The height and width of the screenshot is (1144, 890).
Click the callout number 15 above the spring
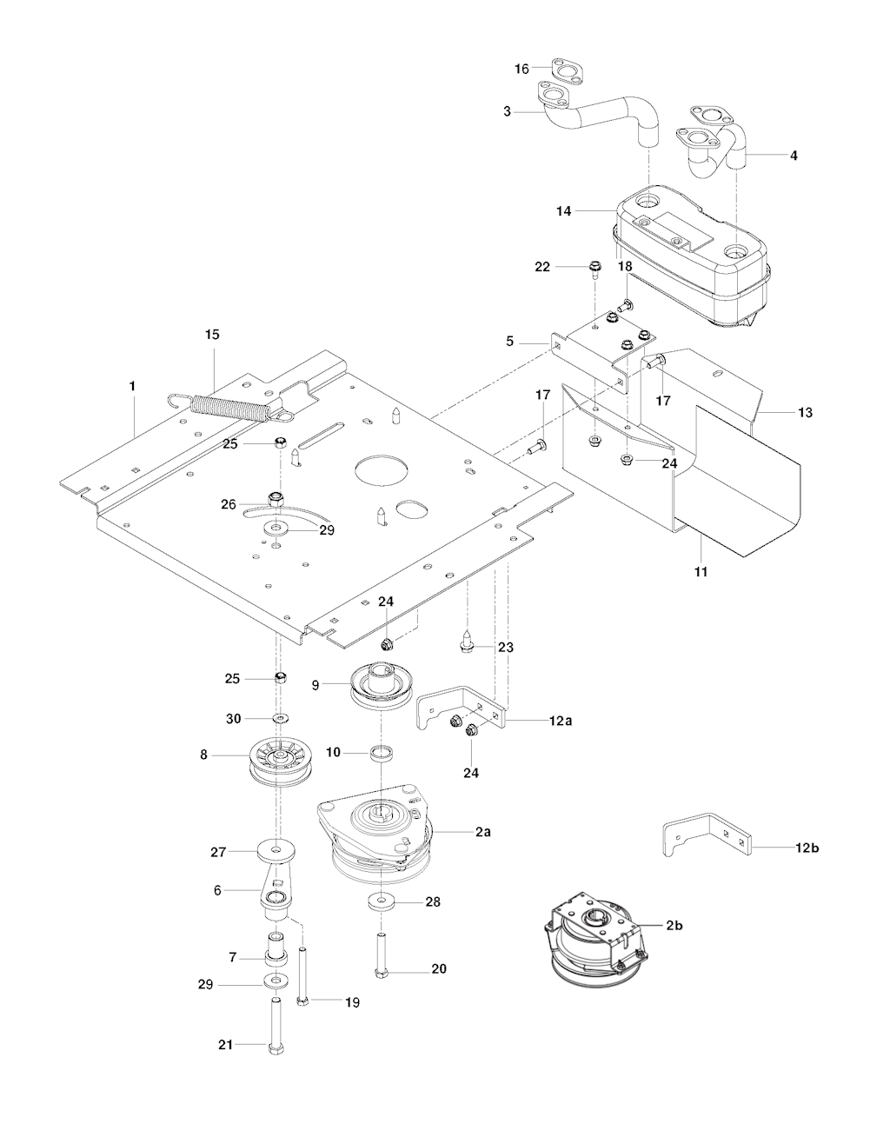tap(212, 334)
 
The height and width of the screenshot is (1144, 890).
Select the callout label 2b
tap(674, 926)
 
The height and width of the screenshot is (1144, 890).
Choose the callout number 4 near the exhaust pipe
tap(793, 156)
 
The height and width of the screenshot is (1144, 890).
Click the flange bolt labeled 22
tap(595, 268)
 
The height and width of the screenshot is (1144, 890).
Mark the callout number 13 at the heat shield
tap(805, 412)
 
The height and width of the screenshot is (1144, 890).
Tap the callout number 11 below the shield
tap(701, 572)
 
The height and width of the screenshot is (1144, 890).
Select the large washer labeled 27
tap(276, 848)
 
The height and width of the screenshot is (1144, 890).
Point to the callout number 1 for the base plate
tap(132, 384)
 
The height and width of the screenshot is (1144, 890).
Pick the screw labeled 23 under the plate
tap(467, 644)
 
